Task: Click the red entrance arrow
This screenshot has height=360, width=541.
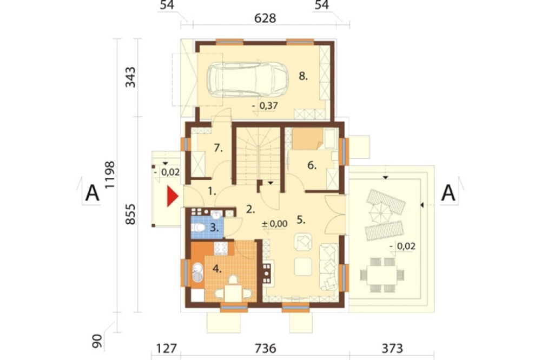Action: click(172, 197)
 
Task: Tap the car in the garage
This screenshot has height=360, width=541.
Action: click(247, 79)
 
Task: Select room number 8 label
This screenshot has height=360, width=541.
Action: click(303, 76)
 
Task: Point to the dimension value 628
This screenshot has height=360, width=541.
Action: click(265, 18)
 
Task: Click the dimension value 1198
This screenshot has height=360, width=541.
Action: click(110, 175)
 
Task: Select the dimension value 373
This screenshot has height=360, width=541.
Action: click(392, 348)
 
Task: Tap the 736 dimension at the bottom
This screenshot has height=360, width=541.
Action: click(265, 348)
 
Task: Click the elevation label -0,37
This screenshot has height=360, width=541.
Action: click(265, 105)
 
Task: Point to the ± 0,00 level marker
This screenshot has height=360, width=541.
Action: click(275, 224)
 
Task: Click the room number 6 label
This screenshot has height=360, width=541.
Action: click(312, 165)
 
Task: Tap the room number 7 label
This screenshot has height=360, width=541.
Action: click(218, 148)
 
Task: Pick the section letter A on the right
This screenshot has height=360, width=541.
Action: click(448, 193)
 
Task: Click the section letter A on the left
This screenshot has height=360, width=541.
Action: click(92, 193)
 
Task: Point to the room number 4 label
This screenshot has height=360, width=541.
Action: click(217, 269)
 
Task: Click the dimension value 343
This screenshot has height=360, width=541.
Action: click(130, 77)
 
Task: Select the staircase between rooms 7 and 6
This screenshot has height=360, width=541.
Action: click(258, 156)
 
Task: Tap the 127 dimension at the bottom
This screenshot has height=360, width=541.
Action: click(166, 348)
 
